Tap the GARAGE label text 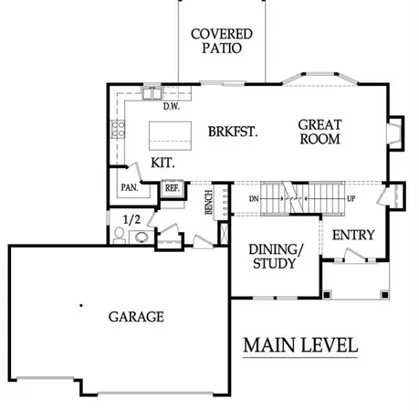[136, 317]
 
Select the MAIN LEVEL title [300, 346]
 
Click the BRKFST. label [232, 131]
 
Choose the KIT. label [162, 162]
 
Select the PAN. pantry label [128, 189]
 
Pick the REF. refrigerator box [171, 189]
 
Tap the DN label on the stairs [255, 197]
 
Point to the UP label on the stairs [350, 197]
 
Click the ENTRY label [352, 235]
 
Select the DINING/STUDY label [273, 257]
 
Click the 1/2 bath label [131, 218]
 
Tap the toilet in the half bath [119, 236]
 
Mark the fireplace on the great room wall [393, 133]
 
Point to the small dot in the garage [80, 304]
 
